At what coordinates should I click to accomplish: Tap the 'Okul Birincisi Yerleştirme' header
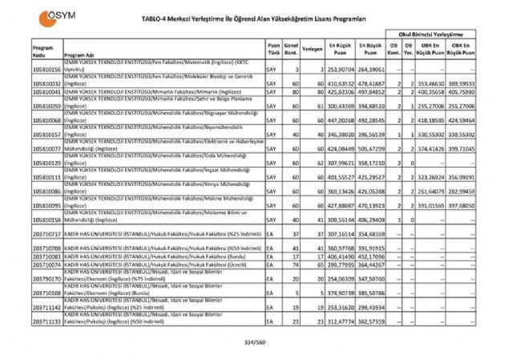[435, 35]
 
